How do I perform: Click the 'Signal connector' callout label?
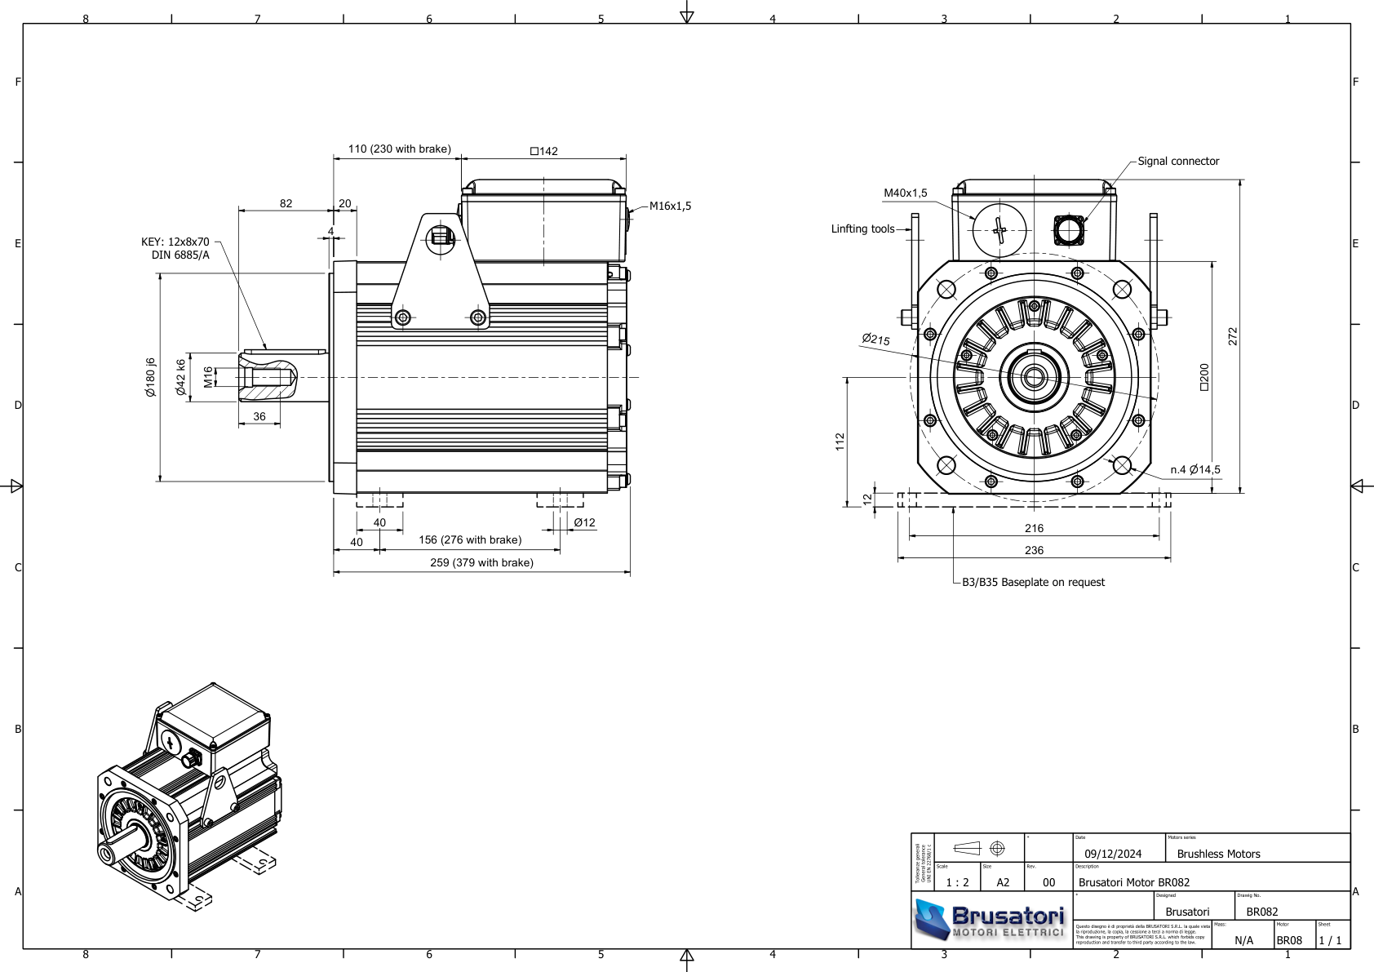[1177, 162]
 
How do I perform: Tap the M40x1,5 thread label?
[905, 193]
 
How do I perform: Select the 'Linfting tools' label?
[862, 229]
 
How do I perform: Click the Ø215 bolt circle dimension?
[875, 339]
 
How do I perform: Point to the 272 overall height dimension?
[1232, 336]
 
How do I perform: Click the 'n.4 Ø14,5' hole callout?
[1194, 470]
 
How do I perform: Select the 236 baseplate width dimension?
[1034, 551]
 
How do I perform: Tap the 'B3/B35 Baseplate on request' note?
[1033, 583]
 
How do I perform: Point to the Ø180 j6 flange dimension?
[150, 377]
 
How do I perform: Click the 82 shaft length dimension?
[286, 204]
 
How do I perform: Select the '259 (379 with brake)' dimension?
[481, 563]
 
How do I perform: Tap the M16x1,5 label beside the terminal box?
[670, 206]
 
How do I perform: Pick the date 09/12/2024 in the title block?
[1113, 854]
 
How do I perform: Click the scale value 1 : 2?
[957, 882]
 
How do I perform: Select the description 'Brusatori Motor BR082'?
[1134, 882]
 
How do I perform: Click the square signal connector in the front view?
[1068, 230]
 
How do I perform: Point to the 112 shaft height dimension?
[840, 442]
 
